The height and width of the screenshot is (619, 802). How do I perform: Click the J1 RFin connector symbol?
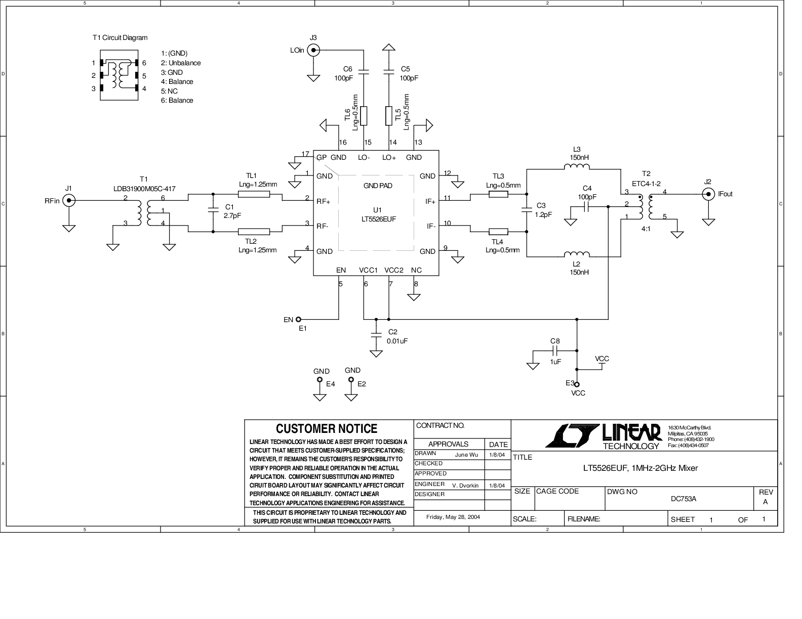click(69, 201)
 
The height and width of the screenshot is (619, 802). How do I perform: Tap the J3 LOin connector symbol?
click(314, 50)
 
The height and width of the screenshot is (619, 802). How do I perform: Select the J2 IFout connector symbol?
click(708, 193)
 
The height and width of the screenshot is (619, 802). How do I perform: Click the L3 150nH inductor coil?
click(577, 168)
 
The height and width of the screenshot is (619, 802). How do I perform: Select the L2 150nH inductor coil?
click(577, 254)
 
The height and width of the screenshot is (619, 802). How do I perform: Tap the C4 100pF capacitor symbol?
click(587, 206)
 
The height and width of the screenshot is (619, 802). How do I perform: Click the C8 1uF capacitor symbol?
click(555, 350)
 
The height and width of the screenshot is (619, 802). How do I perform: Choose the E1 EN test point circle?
click(298, 319)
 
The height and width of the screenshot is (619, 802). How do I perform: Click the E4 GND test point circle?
click(319, 379)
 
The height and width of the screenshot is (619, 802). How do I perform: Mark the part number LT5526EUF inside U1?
click(377, 219)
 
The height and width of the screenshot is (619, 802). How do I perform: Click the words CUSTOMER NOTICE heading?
click(327, 429)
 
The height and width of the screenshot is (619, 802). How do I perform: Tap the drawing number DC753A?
click(684, 499)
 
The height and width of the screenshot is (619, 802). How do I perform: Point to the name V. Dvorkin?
click(465, 485)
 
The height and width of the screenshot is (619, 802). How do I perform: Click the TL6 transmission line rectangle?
click(364, 116)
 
